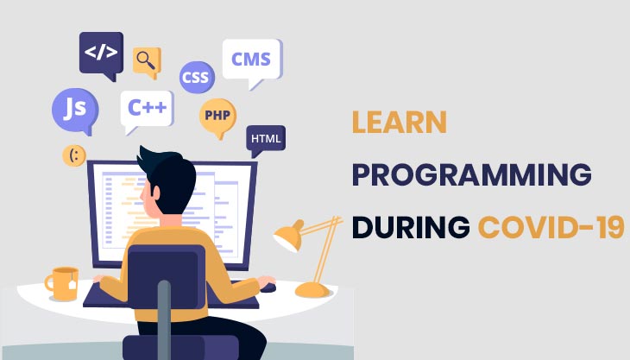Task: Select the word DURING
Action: tap(410, 227)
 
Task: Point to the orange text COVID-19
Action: tap(550, 227)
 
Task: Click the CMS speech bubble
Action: tap(251, 60)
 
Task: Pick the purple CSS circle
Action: tap(196, 77)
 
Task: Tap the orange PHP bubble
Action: tap(217, 115)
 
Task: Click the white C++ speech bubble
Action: tap(147, 108)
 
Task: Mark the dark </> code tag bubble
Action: tap(101, 52)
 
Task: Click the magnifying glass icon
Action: tap(147, 59)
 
